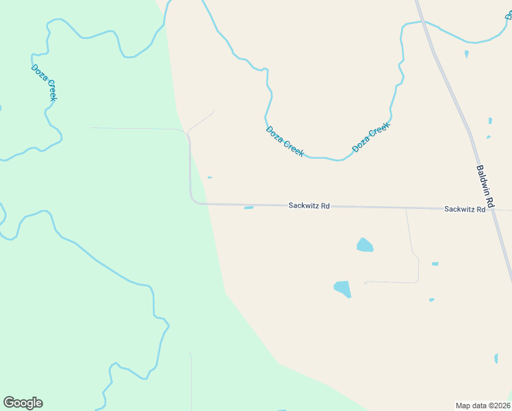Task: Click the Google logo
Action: (23, 403)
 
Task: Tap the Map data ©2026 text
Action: (483, 406)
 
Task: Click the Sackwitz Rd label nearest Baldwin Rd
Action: (464, 209)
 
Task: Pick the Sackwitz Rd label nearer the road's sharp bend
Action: (309, 206)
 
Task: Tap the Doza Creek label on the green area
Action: (44, 82)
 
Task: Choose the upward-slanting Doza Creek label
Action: (370, 137)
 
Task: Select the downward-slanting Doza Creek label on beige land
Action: (284, 141)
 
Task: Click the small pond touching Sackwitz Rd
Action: (248, 208)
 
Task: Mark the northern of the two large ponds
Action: (365, 245)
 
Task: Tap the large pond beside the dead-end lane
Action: (342, 288)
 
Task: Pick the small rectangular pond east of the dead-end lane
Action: (435, 264)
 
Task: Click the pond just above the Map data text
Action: (496, 358)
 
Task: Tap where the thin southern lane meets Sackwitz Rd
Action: (406, 208)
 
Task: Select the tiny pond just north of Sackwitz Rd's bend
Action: (209, 177)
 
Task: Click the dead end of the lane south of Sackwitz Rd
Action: (366, 282)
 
